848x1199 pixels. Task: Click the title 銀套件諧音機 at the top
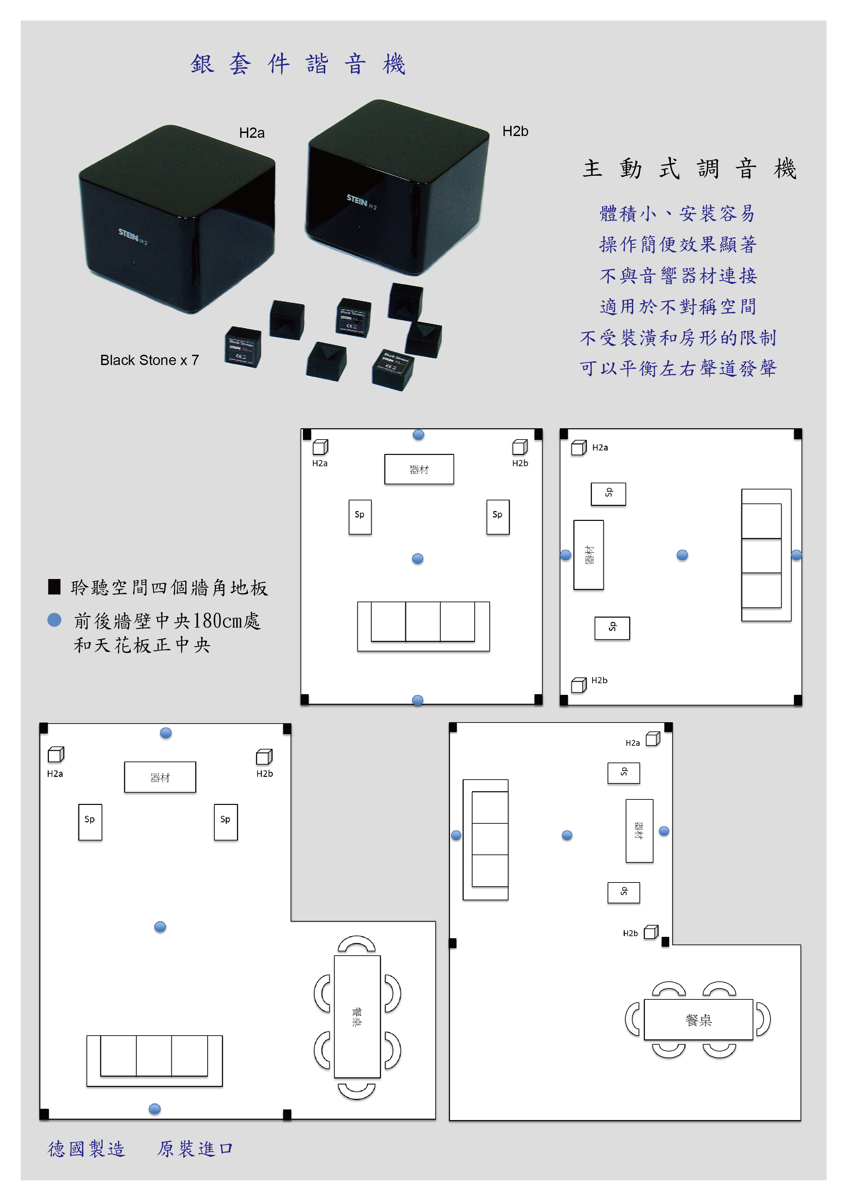point(298,64)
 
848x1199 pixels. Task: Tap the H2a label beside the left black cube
point(252,133)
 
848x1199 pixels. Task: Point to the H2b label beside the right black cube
point(515,131)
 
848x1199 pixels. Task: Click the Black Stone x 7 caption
point(149,360)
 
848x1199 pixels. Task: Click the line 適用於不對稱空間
point(678,307)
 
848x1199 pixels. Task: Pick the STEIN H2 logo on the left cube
point(133,237)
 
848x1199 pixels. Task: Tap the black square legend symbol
point(54,587)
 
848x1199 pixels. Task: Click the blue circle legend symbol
point(54,620)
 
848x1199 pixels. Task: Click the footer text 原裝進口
point(195,1148)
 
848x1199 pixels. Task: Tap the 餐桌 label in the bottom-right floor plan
point(699,1020)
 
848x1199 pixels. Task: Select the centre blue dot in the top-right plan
point(683,555)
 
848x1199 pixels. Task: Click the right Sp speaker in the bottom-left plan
point(226,822)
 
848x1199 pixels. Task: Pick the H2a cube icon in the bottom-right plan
point(653,739)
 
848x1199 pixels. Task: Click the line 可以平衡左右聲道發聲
point(678,368)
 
